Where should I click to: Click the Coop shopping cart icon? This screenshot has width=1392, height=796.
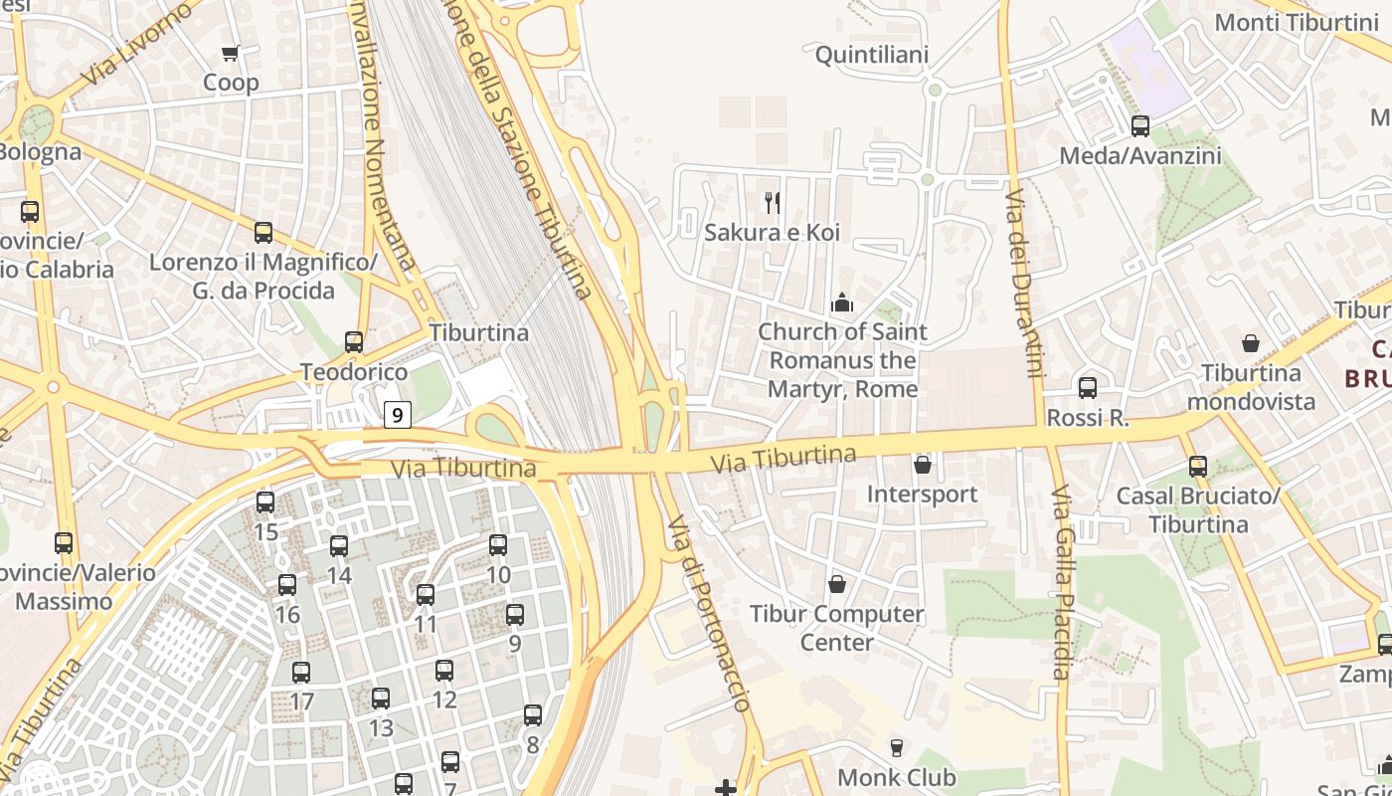231,54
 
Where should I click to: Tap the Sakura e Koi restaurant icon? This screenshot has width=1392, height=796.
773,203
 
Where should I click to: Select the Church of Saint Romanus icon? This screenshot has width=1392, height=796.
842,302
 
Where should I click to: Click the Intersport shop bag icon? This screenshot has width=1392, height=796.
923,465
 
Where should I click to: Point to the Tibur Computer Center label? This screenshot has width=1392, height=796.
836,628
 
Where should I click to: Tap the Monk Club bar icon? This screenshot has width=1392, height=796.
897,748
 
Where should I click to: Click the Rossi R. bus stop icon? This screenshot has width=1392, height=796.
1088,388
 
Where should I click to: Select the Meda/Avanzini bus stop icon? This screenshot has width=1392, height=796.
1140,126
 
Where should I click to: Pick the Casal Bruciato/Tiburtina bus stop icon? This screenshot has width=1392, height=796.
1198,467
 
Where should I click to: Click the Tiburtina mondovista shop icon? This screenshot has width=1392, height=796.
1251,344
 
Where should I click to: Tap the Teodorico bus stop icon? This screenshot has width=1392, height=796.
354,342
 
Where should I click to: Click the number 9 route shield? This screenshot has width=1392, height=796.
398,415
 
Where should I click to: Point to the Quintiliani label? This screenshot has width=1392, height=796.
872,55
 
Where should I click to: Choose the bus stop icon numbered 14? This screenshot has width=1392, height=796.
339,546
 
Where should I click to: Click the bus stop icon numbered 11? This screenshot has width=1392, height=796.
426,595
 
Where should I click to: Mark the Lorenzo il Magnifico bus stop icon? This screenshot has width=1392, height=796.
263,233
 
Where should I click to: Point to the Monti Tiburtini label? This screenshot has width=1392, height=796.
1296,22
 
